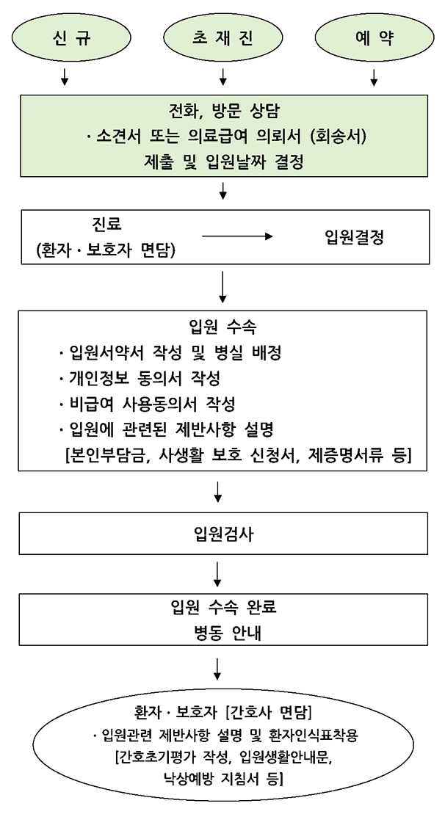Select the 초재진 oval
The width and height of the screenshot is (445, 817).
point(223,39)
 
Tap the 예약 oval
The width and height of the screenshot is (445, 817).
point(375,39)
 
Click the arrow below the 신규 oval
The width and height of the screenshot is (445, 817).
point(65,76)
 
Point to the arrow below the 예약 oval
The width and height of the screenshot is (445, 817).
point(374,76)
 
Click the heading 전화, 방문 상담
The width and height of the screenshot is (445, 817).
point(224,110)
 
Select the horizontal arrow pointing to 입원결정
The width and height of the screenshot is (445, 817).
point(237,236)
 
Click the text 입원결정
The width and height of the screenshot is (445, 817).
point(354,238)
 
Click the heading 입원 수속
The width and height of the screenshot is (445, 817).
point(222,327)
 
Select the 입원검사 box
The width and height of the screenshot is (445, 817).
point(223,533)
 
